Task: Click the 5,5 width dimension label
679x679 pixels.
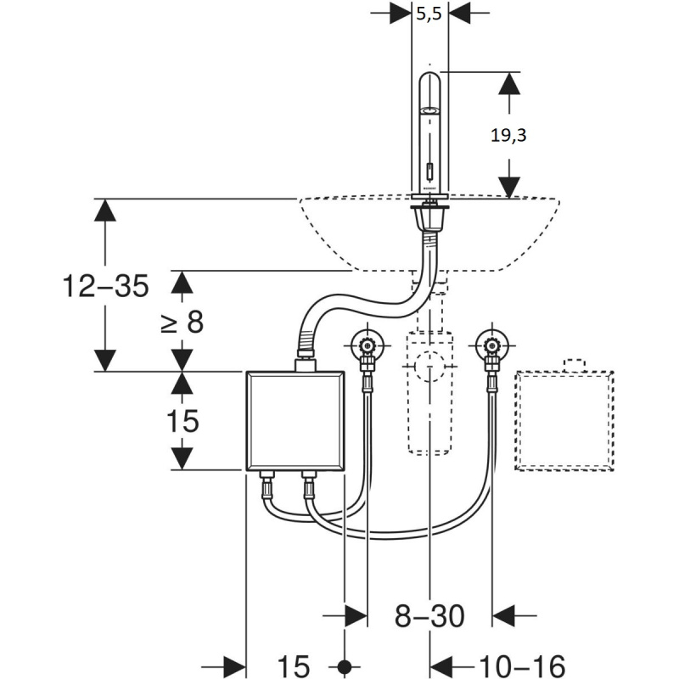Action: pos(429,14)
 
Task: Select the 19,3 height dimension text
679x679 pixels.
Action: pos(508,136)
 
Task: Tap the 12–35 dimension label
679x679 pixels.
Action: pos(105,286)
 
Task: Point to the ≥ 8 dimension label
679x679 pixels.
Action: pos(182,322)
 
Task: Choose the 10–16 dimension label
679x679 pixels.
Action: pos(522,665)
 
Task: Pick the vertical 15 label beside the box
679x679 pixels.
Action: pos(182,420)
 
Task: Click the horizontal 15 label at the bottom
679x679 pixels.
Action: pos(294,665)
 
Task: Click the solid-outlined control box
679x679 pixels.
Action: pos(295,420)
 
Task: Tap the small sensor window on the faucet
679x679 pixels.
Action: pos(429,171)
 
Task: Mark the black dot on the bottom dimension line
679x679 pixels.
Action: pos(345,665)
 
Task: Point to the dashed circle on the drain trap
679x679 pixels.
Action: pos(429,366)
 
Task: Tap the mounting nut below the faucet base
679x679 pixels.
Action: pos(429,217)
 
